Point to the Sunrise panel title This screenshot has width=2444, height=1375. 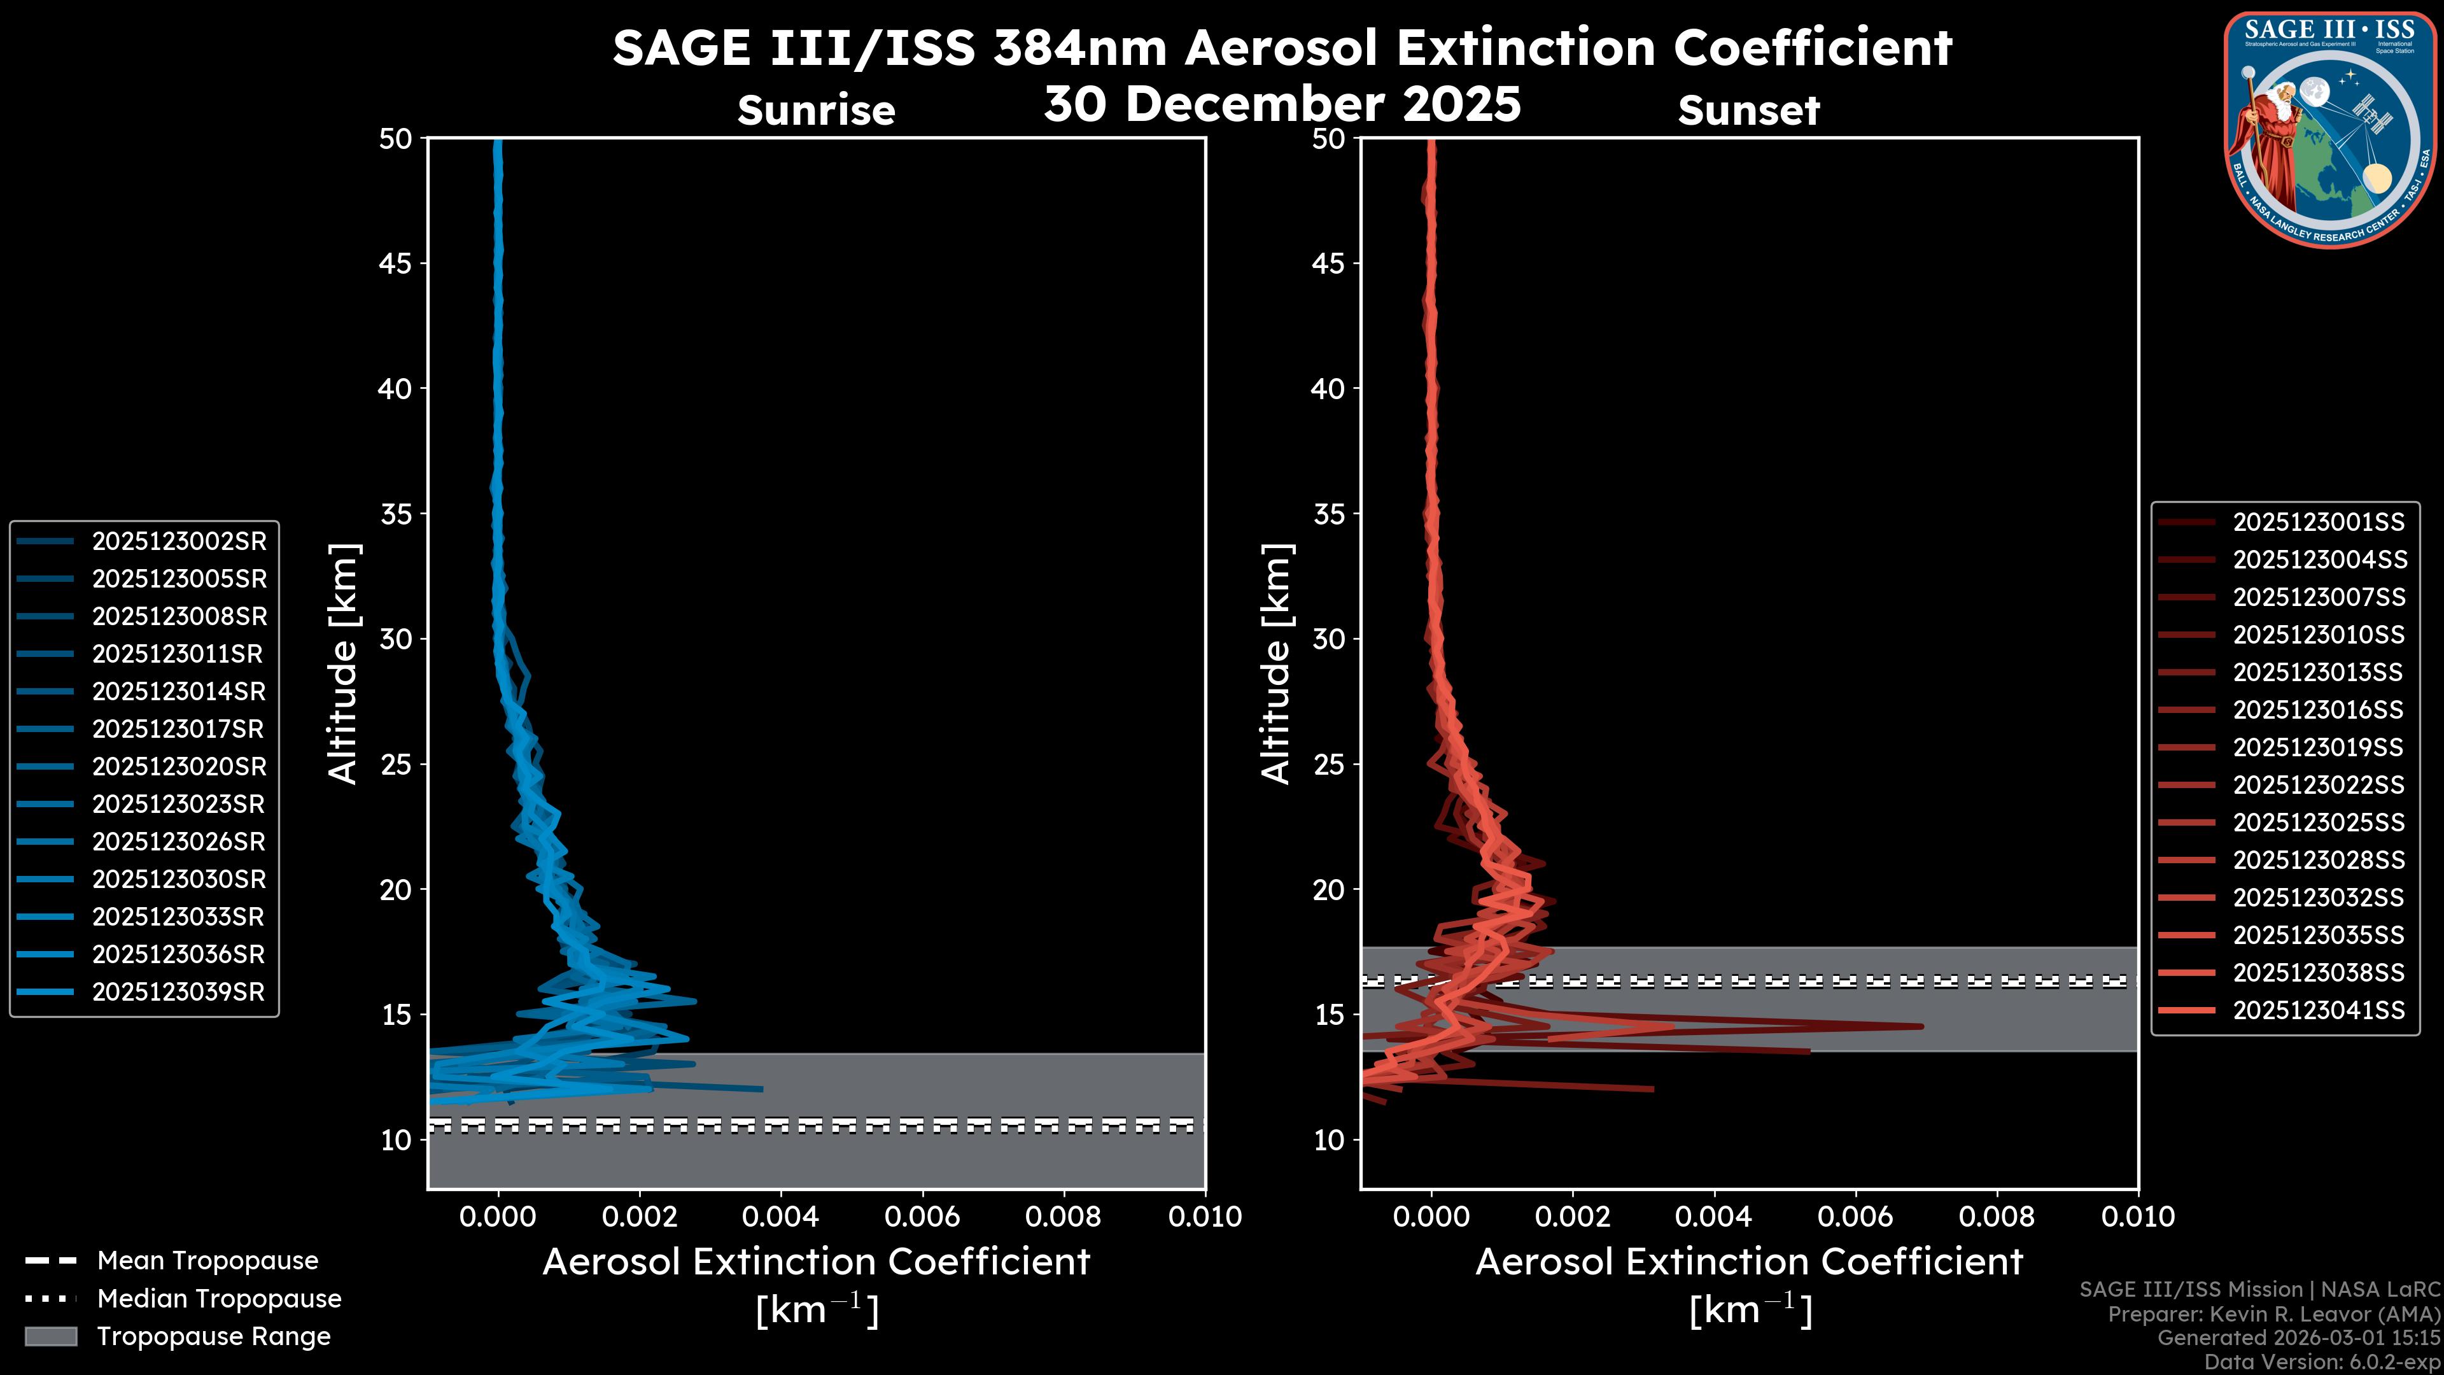point(816,110)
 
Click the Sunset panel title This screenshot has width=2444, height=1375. point(1748,110)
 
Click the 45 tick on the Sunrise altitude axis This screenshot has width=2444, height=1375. point(396,263)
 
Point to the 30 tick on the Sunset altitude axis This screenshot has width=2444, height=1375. point(1328,638)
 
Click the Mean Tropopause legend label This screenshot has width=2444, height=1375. point(207,1260)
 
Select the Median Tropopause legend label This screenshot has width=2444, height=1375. point(219,1298)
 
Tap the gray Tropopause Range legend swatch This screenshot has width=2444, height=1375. point(50,1336)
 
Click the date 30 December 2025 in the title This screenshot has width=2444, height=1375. point(1282,102)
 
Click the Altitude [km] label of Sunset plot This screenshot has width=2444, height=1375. point(1276,663)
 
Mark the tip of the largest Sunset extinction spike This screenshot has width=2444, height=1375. point(1922,1026)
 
